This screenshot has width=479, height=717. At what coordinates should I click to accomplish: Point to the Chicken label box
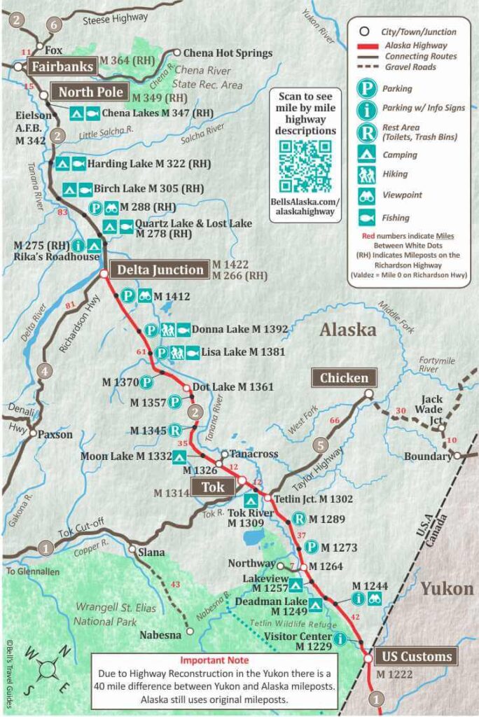(344, 378)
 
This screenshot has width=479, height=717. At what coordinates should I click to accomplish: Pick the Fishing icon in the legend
(366, 218)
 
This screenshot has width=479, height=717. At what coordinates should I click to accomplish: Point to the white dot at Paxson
(32, 433)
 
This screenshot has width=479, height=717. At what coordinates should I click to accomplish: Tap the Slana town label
(152, 552)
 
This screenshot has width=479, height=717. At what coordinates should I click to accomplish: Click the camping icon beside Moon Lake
(179, 457)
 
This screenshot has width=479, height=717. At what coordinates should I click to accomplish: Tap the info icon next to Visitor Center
(340, 638)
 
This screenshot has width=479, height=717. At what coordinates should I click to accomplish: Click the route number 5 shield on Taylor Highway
(320, 444)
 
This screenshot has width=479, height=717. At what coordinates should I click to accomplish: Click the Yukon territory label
(447, 588)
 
